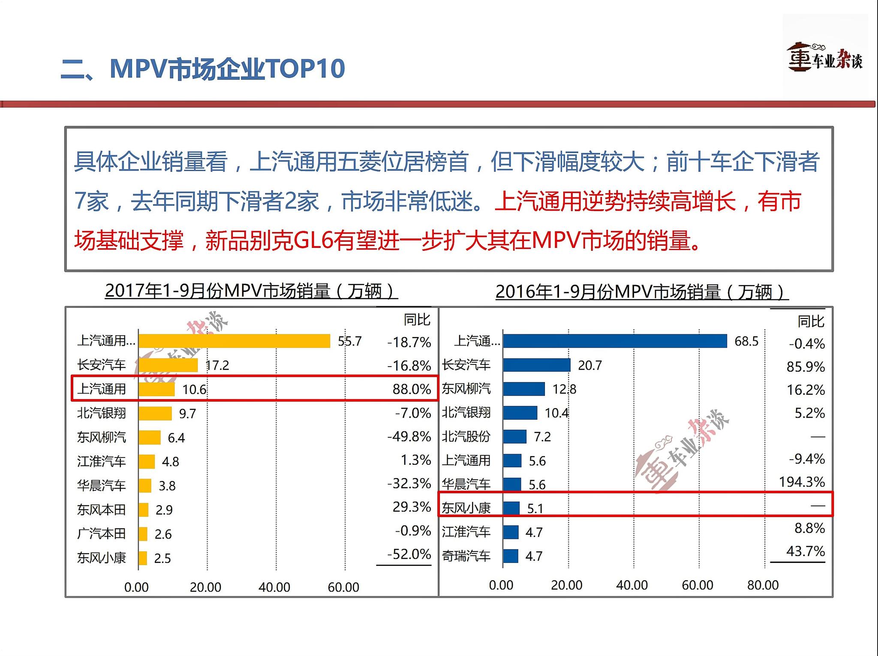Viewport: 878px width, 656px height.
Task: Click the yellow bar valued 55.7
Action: coord(234,341)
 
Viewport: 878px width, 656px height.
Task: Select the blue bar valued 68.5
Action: coord(615,341)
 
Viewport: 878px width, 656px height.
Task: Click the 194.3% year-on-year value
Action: coord(802,482)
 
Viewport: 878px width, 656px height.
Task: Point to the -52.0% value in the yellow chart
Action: coord(409,554)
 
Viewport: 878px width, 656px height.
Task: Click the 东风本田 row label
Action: coord(102,510)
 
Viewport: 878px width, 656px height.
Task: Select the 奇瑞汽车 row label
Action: coord(466,556)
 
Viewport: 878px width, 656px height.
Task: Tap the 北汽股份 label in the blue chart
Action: coord(466,436)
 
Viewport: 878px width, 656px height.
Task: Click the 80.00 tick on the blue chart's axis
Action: coord(763,585)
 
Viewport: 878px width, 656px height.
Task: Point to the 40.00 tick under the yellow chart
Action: coord(274,587)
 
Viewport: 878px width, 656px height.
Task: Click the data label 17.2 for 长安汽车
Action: coord(217,365)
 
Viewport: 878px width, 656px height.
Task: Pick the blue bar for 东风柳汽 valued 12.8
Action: coord(523,389)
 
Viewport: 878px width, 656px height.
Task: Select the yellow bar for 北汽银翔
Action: coord(155,413)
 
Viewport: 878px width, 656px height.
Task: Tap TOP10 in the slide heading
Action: coord(305,69)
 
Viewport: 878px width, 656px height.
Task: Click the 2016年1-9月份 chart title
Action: coord(642,292)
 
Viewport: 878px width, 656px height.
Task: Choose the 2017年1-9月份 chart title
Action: coord(251,291)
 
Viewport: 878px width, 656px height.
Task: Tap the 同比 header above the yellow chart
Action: coord(417,319)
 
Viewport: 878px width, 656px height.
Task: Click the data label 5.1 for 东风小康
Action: coord(535,509)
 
